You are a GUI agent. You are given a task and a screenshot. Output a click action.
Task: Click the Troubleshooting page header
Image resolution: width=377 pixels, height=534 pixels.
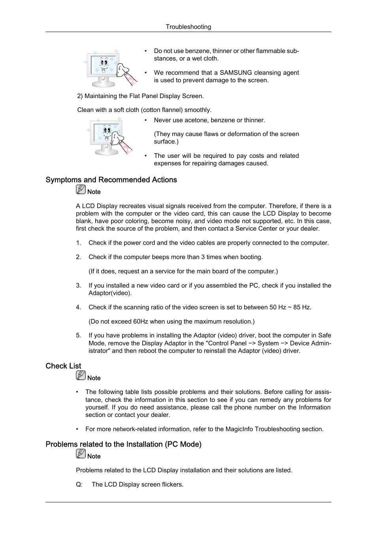[x=188, y=27]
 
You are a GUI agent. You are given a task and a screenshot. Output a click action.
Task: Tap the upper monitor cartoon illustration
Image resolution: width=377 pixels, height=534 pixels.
[x=111, y=68]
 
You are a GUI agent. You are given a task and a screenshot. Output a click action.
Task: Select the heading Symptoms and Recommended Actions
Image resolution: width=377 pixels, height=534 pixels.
[x=111, y=180]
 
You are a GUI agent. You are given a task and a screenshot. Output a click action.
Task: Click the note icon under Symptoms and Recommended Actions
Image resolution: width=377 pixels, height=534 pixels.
[x=81, y=190]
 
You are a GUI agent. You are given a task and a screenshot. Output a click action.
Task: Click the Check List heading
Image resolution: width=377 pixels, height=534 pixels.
[x=63, y=366]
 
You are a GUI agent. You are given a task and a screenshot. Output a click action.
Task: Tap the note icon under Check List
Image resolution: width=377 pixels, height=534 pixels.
[x=81, y=376]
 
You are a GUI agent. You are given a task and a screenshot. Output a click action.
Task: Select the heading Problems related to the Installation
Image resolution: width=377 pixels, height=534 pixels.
[x=123, y=444]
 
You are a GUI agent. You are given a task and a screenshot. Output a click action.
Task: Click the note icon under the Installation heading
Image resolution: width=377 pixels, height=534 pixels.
[x=81, y=454]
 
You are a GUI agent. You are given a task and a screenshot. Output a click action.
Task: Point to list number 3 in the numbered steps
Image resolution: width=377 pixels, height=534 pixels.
[x=78, y=286]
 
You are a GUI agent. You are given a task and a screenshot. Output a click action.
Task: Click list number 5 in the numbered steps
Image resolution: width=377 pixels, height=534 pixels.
[x=78, y=335]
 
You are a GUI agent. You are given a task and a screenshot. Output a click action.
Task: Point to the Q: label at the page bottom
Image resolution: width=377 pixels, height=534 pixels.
[x=79, y=485]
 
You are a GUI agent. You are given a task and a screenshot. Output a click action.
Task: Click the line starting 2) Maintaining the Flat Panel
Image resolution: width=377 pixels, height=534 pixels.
[x=140, y=96]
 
